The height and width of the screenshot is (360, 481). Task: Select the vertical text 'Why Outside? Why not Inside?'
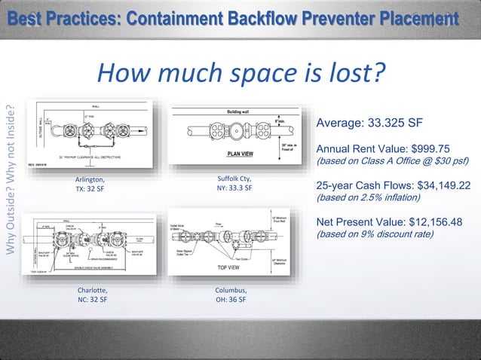pyautogui.click(x=11, y=182)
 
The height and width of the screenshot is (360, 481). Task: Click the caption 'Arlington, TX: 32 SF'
pyautogui.click(x=90, y=185)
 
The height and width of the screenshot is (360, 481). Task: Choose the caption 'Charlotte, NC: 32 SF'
pyautogui.click(x=92, y=294)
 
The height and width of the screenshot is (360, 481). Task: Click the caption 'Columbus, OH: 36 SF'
pyautogui.click(x=231, y=294)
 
